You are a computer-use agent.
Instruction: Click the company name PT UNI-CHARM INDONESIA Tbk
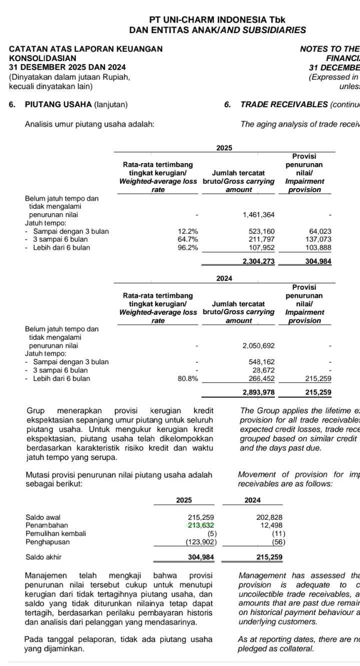pyautogui.click(x=217, y=20)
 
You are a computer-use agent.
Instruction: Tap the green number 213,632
pyautogui.click(x=200, y=525)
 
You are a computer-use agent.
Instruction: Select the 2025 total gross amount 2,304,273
pyautogui.click(x=258, y=261)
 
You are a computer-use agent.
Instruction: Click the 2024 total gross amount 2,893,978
pyautogui.click(x=258, y=392)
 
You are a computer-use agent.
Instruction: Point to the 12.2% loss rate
pyautogui.click(x=188, y=231)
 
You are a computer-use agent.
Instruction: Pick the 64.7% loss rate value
pyautogui.click(x=188, y=239)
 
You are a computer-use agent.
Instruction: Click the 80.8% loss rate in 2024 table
pyautogui.click(x=188, y=379)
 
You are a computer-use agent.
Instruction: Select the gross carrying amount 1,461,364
pyautogui.click(x=258, y=215)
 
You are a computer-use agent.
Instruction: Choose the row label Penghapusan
pyautogui.click(x=48, y=541)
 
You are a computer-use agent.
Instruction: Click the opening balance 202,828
pyautogui.click(x=269, y=517)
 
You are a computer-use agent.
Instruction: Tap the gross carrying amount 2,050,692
pyautogui.click(x=258, y=346)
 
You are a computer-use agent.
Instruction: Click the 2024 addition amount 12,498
pyautogui.click(x=271, y=525)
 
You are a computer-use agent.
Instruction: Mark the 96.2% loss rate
pyautogui.click(x=188, y=247)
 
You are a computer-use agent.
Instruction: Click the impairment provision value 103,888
pyautogui.click(x=318, y=247)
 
